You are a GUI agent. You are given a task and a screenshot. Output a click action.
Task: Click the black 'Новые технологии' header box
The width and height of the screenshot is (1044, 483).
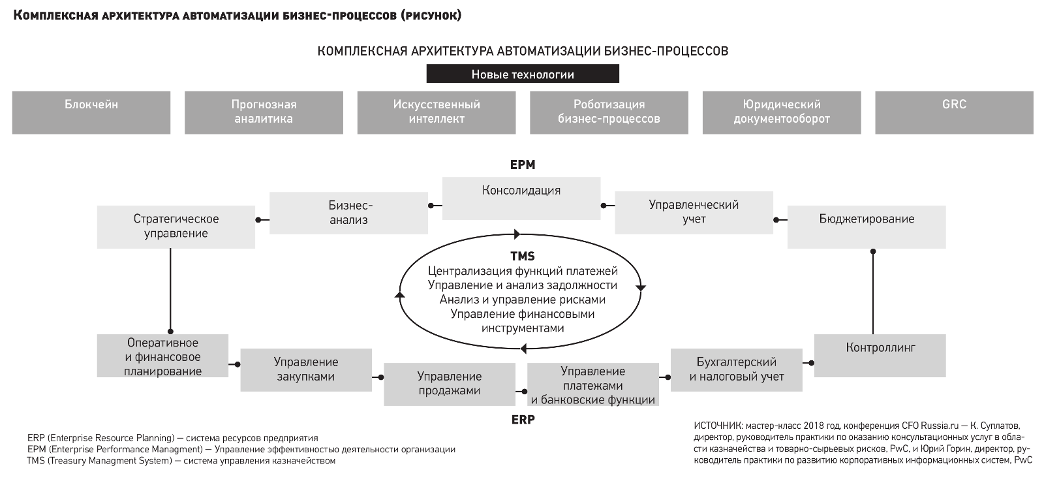[523, 74]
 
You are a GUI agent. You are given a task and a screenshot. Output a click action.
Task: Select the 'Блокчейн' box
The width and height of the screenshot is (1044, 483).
[91, 113]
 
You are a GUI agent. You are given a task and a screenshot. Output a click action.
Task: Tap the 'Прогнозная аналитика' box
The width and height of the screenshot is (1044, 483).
[264, 113]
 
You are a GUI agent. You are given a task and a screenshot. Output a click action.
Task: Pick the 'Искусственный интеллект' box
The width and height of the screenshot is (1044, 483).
[437, 113]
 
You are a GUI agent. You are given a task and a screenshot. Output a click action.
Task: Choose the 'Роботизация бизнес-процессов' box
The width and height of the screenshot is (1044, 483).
[609, 113]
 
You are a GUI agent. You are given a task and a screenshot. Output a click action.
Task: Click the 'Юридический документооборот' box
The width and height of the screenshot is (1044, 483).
[782, 113]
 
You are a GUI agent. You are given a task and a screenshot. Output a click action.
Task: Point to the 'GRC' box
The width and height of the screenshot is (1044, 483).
[954, 113]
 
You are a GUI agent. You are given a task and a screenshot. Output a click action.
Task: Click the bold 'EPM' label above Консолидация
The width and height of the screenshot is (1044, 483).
[523, 164]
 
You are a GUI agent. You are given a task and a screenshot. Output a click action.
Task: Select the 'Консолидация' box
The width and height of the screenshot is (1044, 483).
[521, 198]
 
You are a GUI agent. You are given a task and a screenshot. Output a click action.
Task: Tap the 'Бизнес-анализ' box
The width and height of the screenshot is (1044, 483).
[348, 213]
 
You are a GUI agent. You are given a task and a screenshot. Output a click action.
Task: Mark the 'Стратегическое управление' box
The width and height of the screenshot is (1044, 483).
[176, 227]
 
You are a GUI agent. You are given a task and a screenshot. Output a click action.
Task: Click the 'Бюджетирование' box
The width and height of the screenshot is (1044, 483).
[867, 227]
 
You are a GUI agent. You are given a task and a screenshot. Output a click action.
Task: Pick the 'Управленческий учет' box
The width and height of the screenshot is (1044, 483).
[694, 213]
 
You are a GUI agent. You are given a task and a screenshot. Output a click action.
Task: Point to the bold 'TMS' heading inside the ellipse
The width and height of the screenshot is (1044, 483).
[523, 256]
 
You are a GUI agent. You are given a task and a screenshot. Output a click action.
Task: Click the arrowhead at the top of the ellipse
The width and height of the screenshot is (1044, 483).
[516, 234]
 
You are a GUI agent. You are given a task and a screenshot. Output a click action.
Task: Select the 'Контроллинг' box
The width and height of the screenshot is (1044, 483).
[880, 356]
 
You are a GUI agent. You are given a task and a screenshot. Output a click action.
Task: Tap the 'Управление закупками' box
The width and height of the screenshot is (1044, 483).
[306, 369]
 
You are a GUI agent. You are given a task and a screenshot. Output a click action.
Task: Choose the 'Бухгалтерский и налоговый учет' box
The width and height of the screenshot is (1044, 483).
[737, 369]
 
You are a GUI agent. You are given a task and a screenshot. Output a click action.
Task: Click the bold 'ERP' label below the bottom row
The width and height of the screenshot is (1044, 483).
[523, 420]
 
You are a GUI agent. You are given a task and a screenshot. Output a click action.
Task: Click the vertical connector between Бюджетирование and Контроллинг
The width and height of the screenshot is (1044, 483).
[873, 293]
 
